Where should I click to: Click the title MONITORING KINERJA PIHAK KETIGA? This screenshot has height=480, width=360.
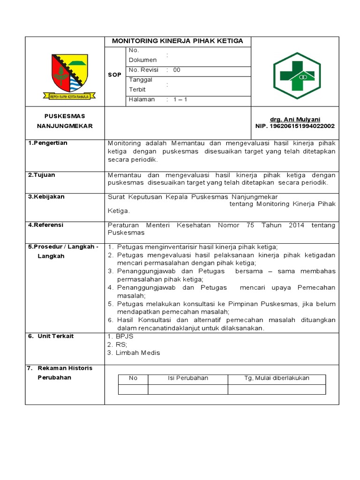click(177, 41)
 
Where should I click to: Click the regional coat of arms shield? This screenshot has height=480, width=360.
click(69, 74)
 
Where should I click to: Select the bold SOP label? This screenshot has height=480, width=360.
click(114, 75)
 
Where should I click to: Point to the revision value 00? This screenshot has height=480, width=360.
click(177, 70)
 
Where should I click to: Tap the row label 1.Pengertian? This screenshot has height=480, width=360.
click(47, 143)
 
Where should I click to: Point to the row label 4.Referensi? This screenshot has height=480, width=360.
click(46, 225)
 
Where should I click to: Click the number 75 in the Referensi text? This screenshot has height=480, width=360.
click(250, 225)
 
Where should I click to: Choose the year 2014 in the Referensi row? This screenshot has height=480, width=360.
click(297, 225)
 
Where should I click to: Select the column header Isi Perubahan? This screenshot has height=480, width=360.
click(188, 378)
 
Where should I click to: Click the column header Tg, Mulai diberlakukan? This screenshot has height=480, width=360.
click(277, 378)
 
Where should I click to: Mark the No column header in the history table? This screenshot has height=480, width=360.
click(133, 378)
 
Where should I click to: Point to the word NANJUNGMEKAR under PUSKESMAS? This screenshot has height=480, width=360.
click(65, 126)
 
